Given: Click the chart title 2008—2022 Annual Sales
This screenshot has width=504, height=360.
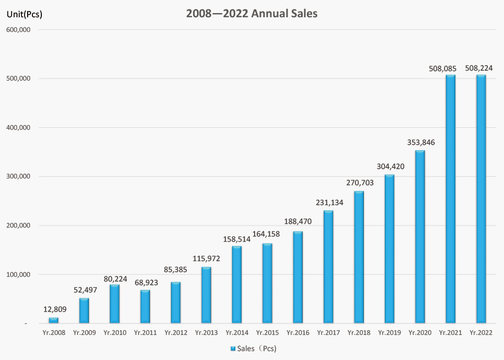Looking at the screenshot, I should (252, 14).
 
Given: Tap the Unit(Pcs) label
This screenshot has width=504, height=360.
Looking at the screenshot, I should (24, 14).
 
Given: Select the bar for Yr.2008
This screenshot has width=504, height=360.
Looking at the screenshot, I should (53, 320).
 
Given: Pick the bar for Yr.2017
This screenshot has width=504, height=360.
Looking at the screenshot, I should (328, 267).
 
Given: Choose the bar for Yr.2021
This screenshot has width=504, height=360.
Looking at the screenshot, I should (450, 199).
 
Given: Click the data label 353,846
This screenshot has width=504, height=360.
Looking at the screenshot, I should (420, 142).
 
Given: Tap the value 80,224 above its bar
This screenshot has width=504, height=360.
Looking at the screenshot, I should (114, 278).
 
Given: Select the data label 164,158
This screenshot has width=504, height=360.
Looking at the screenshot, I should (267, 234).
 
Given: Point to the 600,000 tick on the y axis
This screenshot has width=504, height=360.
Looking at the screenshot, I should (20, 30).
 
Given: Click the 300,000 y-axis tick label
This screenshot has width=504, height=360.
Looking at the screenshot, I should (20, 177).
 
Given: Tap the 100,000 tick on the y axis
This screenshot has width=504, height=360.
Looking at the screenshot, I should (20, 275).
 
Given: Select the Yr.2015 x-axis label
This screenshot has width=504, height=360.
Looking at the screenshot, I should (267, 332).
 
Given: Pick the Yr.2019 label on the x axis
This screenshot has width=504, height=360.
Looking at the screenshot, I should (389, 332).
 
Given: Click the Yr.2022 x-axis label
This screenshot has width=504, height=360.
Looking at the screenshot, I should (480, 332).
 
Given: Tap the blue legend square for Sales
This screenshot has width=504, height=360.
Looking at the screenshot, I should (233, 348).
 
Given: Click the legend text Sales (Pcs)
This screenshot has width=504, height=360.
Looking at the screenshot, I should (257, 348).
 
